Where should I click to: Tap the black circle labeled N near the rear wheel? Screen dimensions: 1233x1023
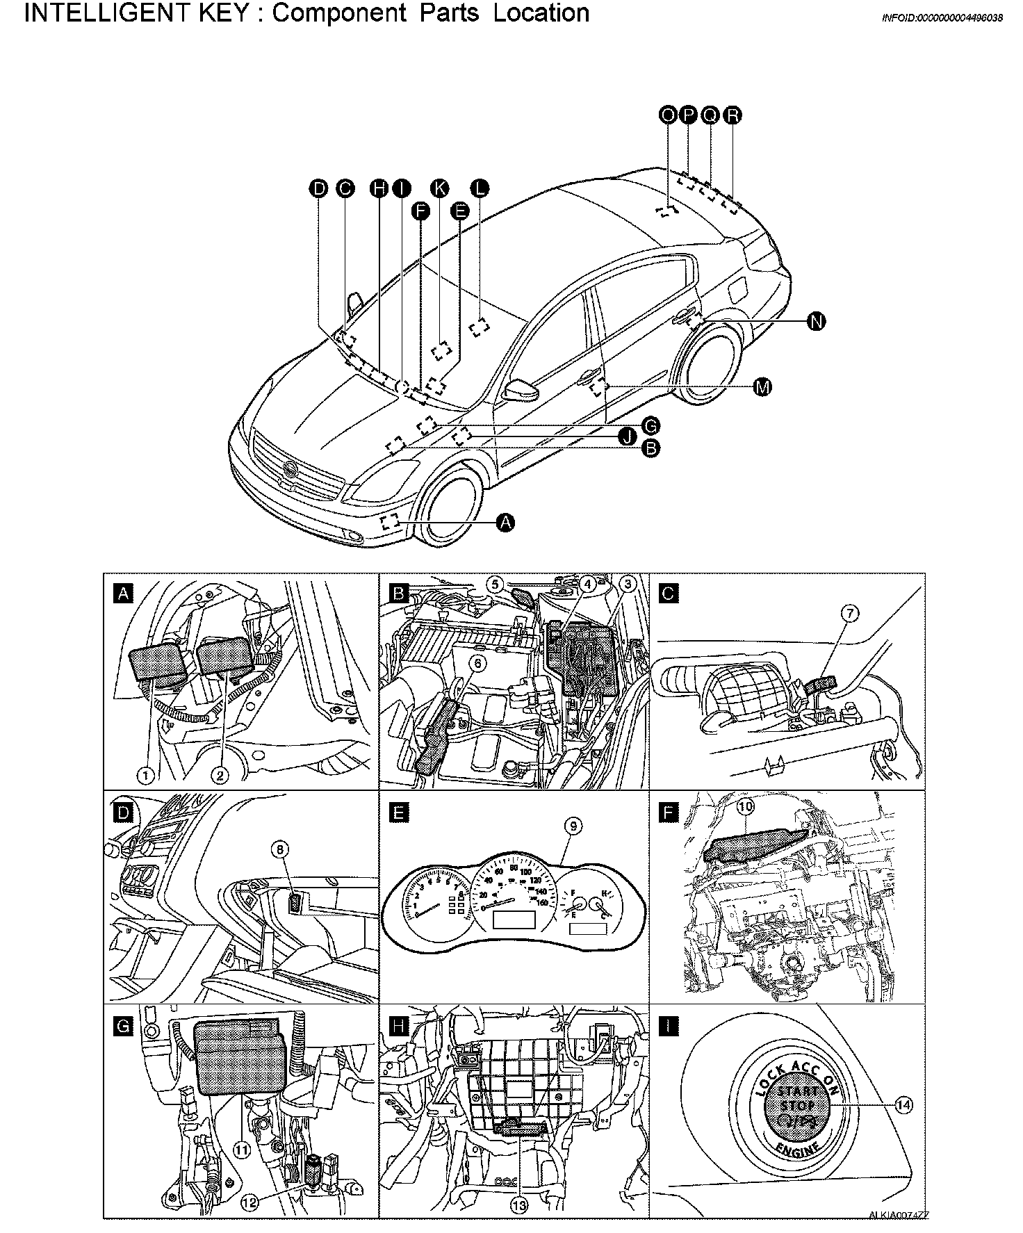(817, 321)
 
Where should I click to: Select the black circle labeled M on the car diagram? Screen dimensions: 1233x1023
(762, 388)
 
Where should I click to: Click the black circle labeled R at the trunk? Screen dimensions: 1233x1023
(733, 115)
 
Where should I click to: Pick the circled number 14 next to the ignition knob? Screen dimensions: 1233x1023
(903, 1105)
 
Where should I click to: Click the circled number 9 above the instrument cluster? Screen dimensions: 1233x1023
(574, 826)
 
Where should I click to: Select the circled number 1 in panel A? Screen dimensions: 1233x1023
(145, 775)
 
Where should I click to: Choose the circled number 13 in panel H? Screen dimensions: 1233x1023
(519, 1207)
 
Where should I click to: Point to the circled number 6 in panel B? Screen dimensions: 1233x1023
(478, 663)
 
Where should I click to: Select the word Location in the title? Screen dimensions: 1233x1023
(541, 14)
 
